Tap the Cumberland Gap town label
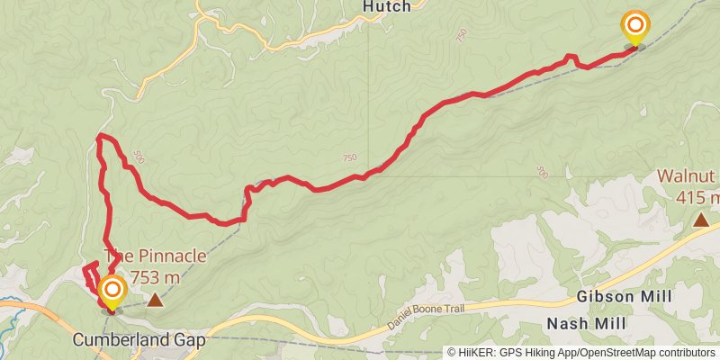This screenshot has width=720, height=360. tap(139, 341)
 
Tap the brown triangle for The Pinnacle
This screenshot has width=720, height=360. tap(156, 299)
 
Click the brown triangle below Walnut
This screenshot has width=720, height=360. tap(700, 220)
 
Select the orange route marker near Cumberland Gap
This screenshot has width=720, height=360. tap(112, 290)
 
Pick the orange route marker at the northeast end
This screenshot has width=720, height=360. tap(635, 25)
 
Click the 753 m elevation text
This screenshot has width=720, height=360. tap(156, 277)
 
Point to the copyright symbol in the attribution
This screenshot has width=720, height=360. tap(453, 353)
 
